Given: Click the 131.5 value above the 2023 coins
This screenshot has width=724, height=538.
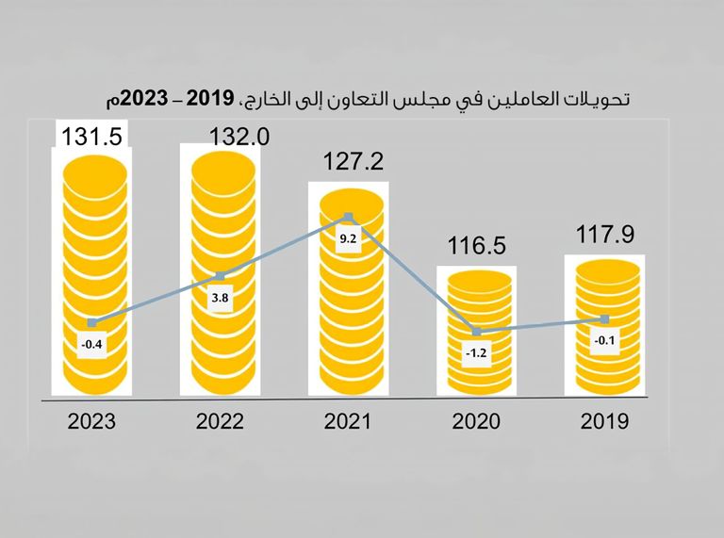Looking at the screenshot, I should (92, 137).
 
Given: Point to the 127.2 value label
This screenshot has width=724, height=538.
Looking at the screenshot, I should (348, 163).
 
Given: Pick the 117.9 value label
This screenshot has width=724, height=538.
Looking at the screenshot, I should (603, 234).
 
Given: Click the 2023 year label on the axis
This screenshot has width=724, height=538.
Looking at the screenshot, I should (91, 421).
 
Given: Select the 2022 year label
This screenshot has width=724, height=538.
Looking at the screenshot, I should (220, 421).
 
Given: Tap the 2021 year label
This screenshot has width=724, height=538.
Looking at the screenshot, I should (348, 421).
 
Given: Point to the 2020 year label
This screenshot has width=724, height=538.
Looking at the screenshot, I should (475, 421).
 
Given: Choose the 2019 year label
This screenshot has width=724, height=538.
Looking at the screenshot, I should (603, 421).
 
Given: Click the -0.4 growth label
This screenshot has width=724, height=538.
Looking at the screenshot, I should (91, 344).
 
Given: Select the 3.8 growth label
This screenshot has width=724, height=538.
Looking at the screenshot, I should (220, 298).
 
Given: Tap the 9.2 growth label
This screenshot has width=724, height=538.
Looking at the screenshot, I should (348, 239).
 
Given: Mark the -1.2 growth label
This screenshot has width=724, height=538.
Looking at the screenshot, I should (475, 354).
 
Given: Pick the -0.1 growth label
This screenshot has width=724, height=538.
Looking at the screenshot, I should (603, 341).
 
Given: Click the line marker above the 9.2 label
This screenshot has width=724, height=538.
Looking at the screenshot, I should (349, 218).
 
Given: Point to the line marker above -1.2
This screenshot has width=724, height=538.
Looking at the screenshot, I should (476, 333).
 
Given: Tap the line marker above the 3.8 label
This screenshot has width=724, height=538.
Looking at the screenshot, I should (221, 276).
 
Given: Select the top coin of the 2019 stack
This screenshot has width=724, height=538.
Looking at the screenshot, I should (603, 269).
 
